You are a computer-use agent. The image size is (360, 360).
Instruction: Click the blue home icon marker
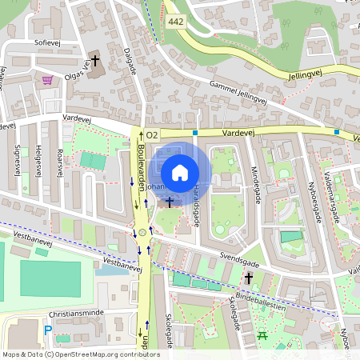(x=180, y=172)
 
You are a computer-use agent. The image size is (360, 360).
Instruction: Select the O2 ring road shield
(x=153, y=135)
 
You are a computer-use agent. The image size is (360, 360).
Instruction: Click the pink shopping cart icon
(x=48, y=80)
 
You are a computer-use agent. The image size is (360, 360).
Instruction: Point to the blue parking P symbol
(x=47, y=330)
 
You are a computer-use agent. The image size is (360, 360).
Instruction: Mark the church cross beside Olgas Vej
(x=95, y=60)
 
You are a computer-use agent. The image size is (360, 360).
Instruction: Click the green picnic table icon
(x=262, y=336)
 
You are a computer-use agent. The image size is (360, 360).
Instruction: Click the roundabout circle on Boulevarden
(x=143, y=232)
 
